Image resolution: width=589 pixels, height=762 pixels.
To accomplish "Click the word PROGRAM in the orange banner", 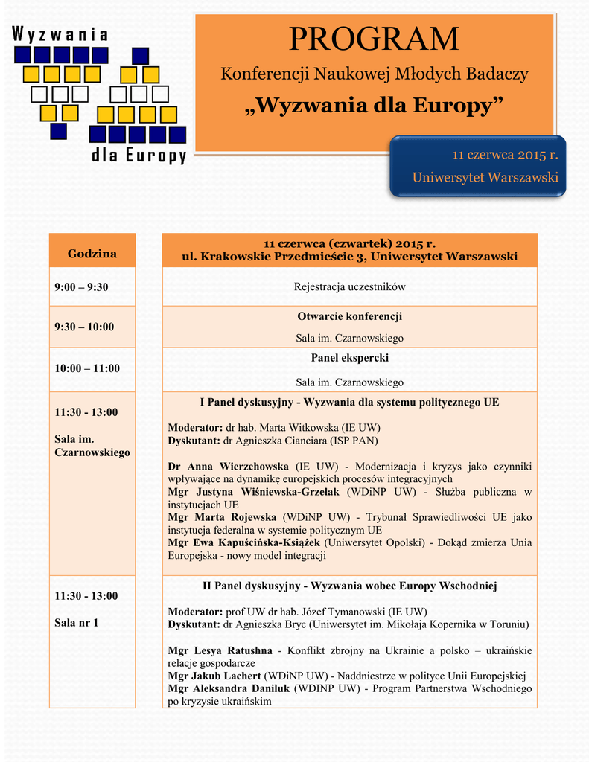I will (x=374, y=39).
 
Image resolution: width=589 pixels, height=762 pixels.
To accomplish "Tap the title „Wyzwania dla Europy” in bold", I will (x=374, y=105).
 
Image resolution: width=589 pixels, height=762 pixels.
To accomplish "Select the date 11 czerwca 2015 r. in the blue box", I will (x=506, y=155).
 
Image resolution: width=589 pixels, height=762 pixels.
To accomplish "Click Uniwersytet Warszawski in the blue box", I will (x=485, y=177).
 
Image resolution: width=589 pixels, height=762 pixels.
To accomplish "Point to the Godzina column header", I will (x=92, y=254).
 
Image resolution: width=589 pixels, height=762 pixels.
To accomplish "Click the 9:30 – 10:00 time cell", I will (x=84, y=326).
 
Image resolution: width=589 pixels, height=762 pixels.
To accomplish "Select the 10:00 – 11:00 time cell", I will (x=87, y=368).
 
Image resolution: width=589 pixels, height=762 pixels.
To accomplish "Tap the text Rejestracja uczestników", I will (x=349, y=286).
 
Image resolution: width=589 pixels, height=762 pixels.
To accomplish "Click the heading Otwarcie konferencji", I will (x=349, y=316).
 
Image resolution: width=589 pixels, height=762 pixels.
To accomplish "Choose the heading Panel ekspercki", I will (x=349, y=358).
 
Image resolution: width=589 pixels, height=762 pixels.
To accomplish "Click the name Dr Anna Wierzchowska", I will (x=229, y=466).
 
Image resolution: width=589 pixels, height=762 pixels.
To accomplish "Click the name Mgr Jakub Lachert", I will (x=214, y=676).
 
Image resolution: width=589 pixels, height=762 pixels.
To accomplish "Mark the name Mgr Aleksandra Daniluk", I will (x=228, y=688).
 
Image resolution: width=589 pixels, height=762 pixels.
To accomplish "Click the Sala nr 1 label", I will (x=76, y=622).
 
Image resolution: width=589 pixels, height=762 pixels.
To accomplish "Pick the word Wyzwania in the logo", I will (x=60, y=34).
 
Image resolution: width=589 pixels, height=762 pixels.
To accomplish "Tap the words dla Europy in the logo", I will (x=138, y=156).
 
